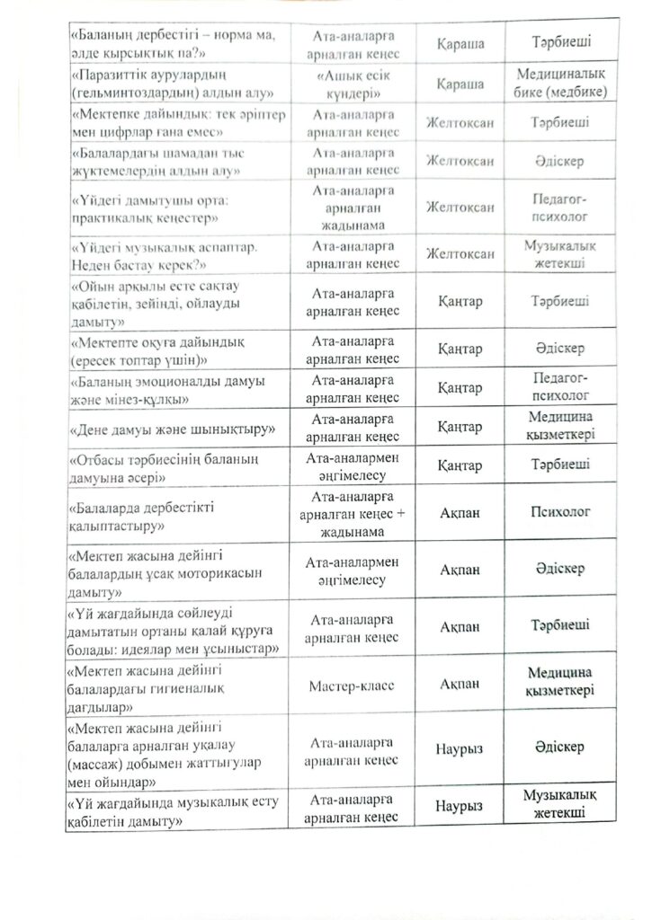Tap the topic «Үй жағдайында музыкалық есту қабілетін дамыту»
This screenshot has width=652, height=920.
tap(171, 810)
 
